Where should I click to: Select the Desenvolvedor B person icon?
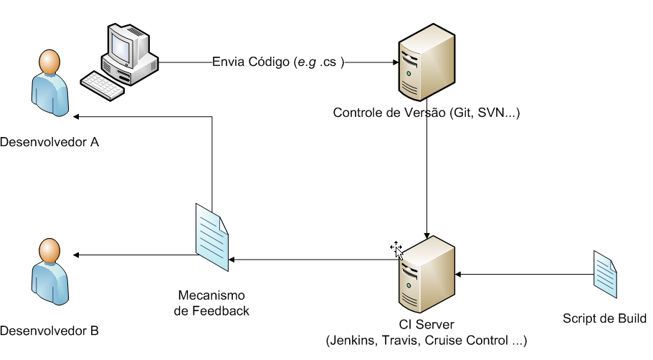[x=49, y=275]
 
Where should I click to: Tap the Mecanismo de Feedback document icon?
[x=211, y=238]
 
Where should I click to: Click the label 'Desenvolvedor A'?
[x=49, y=142]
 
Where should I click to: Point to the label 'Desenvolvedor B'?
[x=49, y=331]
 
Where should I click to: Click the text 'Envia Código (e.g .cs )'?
[x=279, y=62]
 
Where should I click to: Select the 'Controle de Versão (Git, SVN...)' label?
[x=426, y=113]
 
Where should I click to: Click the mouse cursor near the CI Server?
[x=396, y=249]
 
